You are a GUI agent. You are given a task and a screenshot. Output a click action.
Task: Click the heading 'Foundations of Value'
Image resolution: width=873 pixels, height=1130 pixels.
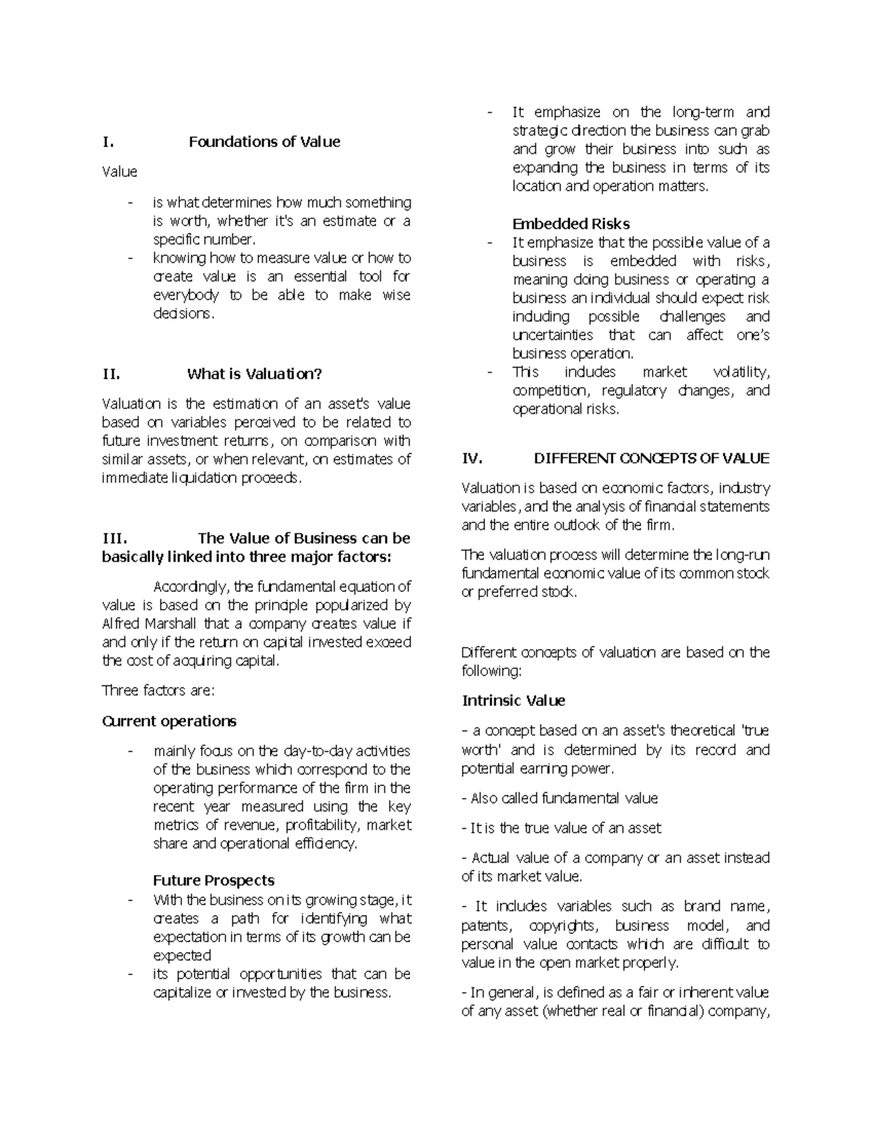pyautogui.click(x=264, y=142)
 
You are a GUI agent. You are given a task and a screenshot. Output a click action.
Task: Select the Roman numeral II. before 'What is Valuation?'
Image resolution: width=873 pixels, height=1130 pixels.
pyautogui.click(x=111, y=374)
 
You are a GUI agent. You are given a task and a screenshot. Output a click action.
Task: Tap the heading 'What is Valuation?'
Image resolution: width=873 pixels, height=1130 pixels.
pyautogui.click(x=254, y=374)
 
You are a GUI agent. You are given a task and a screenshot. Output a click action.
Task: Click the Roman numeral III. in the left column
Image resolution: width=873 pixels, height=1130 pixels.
pyautogui.click(x=115, y=538)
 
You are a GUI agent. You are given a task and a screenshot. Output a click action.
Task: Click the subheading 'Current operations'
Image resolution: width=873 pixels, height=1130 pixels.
pyautogui.click(x=170, y=721)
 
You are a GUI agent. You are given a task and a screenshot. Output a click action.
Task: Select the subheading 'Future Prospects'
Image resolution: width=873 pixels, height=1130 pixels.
pyautogui.click(x=213, y=880)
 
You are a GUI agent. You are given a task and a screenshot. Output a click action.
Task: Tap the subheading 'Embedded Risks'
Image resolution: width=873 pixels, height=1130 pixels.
pyautogui.click(x=571, y=224)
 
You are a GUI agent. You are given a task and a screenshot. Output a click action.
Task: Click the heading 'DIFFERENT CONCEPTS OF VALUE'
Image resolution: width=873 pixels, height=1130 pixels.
pyautogui.click(x=651, y=458)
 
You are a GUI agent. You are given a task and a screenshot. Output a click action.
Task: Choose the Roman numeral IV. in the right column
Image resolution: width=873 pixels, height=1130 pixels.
pyautogui.click(x=473, y=458)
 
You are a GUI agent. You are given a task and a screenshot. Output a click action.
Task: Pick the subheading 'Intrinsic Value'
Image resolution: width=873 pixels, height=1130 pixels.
pyautogui.click(x=514, y=701)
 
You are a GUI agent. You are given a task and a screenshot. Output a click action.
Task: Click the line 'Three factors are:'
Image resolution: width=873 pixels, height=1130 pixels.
pyautogui.click(x=159, y=690)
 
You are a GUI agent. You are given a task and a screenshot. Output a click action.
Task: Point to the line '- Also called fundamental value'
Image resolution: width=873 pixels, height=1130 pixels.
pyautogui.click(x=559, y=798)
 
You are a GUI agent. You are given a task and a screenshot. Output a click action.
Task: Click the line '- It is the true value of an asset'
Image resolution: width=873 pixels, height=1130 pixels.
pyautogui.click(x=562, y=828)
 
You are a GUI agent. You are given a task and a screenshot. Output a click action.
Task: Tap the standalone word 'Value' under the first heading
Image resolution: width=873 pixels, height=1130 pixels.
pyautogui.click(x=119, y=172)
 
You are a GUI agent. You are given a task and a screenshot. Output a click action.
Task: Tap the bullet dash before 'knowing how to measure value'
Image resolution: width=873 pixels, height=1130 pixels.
pyautogui.click(x=129, y=258)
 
